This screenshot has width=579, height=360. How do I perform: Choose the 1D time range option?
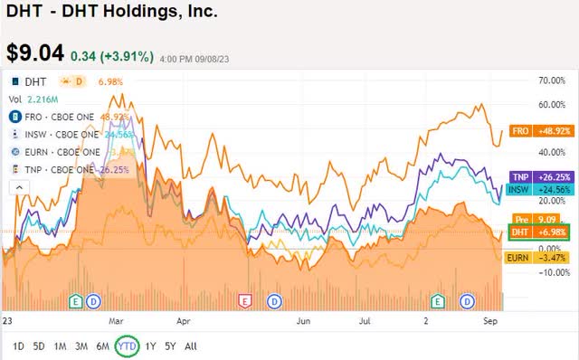point(18,346)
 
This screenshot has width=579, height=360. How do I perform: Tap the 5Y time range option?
point(170,346)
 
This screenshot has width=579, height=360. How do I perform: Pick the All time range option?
point(191,346)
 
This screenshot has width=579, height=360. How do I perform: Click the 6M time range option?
point(102,346)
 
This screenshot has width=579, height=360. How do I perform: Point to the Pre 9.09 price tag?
point(540,219)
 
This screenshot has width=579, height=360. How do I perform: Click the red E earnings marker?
point(242,299)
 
